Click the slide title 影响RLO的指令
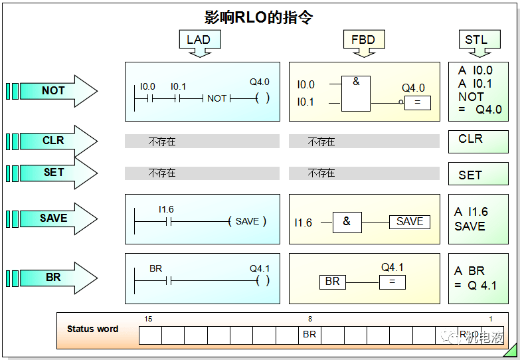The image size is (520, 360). point(258,17)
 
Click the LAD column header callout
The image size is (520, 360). point(199,40)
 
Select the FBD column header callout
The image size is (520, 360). point(364,40)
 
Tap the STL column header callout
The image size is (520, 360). point(476,40)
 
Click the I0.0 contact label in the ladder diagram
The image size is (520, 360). point(147,87)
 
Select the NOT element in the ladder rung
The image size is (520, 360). point(217,98)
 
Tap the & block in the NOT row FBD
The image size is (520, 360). point(356,82)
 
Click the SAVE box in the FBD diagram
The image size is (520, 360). point(409,222)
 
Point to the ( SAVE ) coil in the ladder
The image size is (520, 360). point(247,222)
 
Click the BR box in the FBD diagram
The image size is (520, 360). point(333,282)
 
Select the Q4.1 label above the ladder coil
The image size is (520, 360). point(260,269)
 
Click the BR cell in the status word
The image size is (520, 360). point(309,335)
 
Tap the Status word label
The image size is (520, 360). point(93,329)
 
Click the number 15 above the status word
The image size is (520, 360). point(148,319)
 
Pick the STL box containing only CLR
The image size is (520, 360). point(478,140)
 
